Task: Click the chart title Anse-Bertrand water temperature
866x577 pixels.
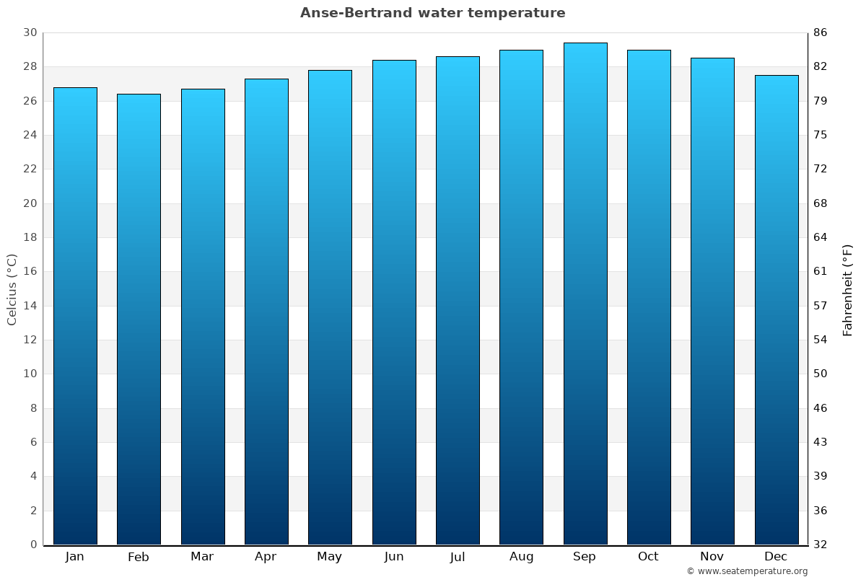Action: [433, 13]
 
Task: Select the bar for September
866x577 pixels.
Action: [585, 294]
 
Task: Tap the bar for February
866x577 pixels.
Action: [139, 319]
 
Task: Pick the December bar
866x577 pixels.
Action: [776, 309]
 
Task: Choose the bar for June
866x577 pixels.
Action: [394, 302]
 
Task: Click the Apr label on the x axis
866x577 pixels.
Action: [266, 557]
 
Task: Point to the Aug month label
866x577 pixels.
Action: [521, 557]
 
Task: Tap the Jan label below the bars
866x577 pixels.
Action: [74, 557]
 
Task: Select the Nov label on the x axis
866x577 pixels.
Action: [712, 557]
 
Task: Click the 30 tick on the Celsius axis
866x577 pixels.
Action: [30, 32]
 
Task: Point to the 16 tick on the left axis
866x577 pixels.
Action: [30, 271]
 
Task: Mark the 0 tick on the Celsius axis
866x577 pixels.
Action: [33, 545]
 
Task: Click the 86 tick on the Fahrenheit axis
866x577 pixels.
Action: [821, 32]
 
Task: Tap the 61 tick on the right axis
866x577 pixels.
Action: [821, 271]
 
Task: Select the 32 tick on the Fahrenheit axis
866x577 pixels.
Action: [821, 545]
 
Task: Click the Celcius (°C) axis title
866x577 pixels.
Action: [12, 288]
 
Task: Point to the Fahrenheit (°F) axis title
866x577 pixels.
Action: [848, 290]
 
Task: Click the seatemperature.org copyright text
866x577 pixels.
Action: [746, 571]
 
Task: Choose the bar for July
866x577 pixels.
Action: [458, 300]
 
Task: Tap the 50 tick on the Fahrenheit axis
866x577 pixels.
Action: [821, 374]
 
